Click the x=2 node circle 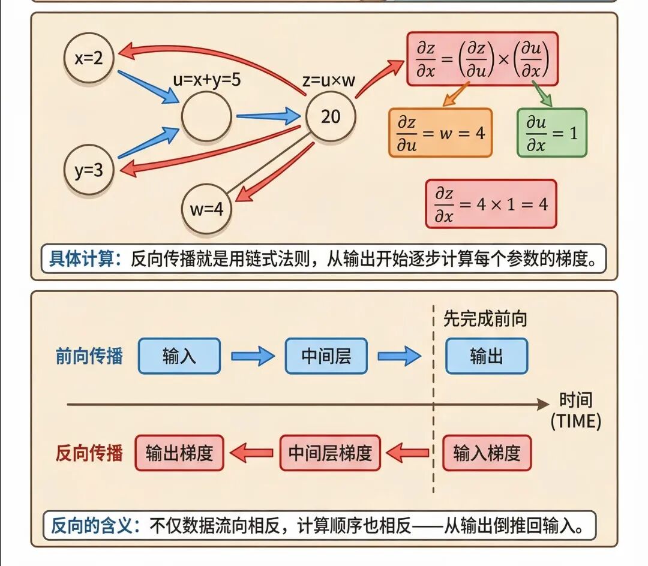pyautogui.click(x=89, y=58)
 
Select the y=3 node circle pyautogui.click(x=89, y=170)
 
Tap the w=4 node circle pyautogui.click(x=206, y=209)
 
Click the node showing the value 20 pyautogui.click(x=331, y=116)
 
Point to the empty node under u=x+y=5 pyautogui.click(x=206, y=117)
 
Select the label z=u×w pyautogui.click(x=329, y=80)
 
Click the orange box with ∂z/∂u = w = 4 pyautogui.click(x=440, y=133)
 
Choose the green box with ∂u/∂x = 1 pyautogui.click(x=551, y=133)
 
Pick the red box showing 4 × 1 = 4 pyautogui.click(x=491, y=204)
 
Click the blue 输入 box pyautogui.click(x=179, y=356)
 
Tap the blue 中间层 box pyautogui.click(x=326, y=356)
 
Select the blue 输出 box pyautogui.click(x=486, y=356)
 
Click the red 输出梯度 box pyautogui.click(x=179, y=453)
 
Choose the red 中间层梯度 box pyautogui.click(x=330, y=453)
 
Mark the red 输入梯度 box pyautogui.click(x=487, y=453)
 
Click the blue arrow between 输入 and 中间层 pyautogui.click(x=253, y=357)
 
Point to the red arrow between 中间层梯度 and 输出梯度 pyautogui.click(x=252, y=453)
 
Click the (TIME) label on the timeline pyautogui.click(x=575, y=421)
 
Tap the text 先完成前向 pyautogui.click(x=485, y=318)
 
